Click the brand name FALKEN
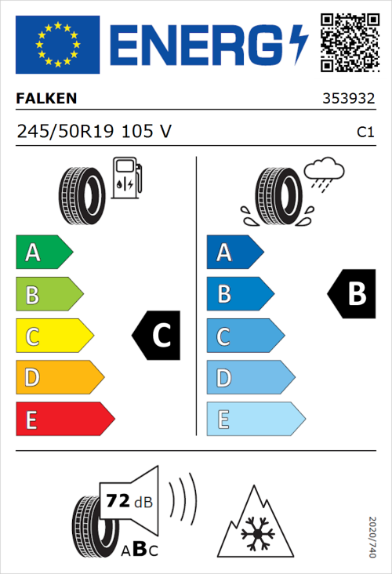pyautogui.click(x=47, y=100)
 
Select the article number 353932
pyautogui.click(x=347, y=100)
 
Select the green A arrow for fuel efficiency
pyautogui.click(x=43, y=252)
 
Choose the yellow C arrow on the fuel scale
pyautogui.click(x=53, y=336)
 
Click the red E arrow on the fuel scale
pyautogui.click(x=64, y=419)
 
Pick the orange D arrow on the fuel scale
pyautogui.click(x=59, y=377)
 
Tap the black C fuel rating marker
pyautogui.click(x=158, y=336)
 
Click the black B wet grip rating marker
pyautogui.click(x=350, y=294)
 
